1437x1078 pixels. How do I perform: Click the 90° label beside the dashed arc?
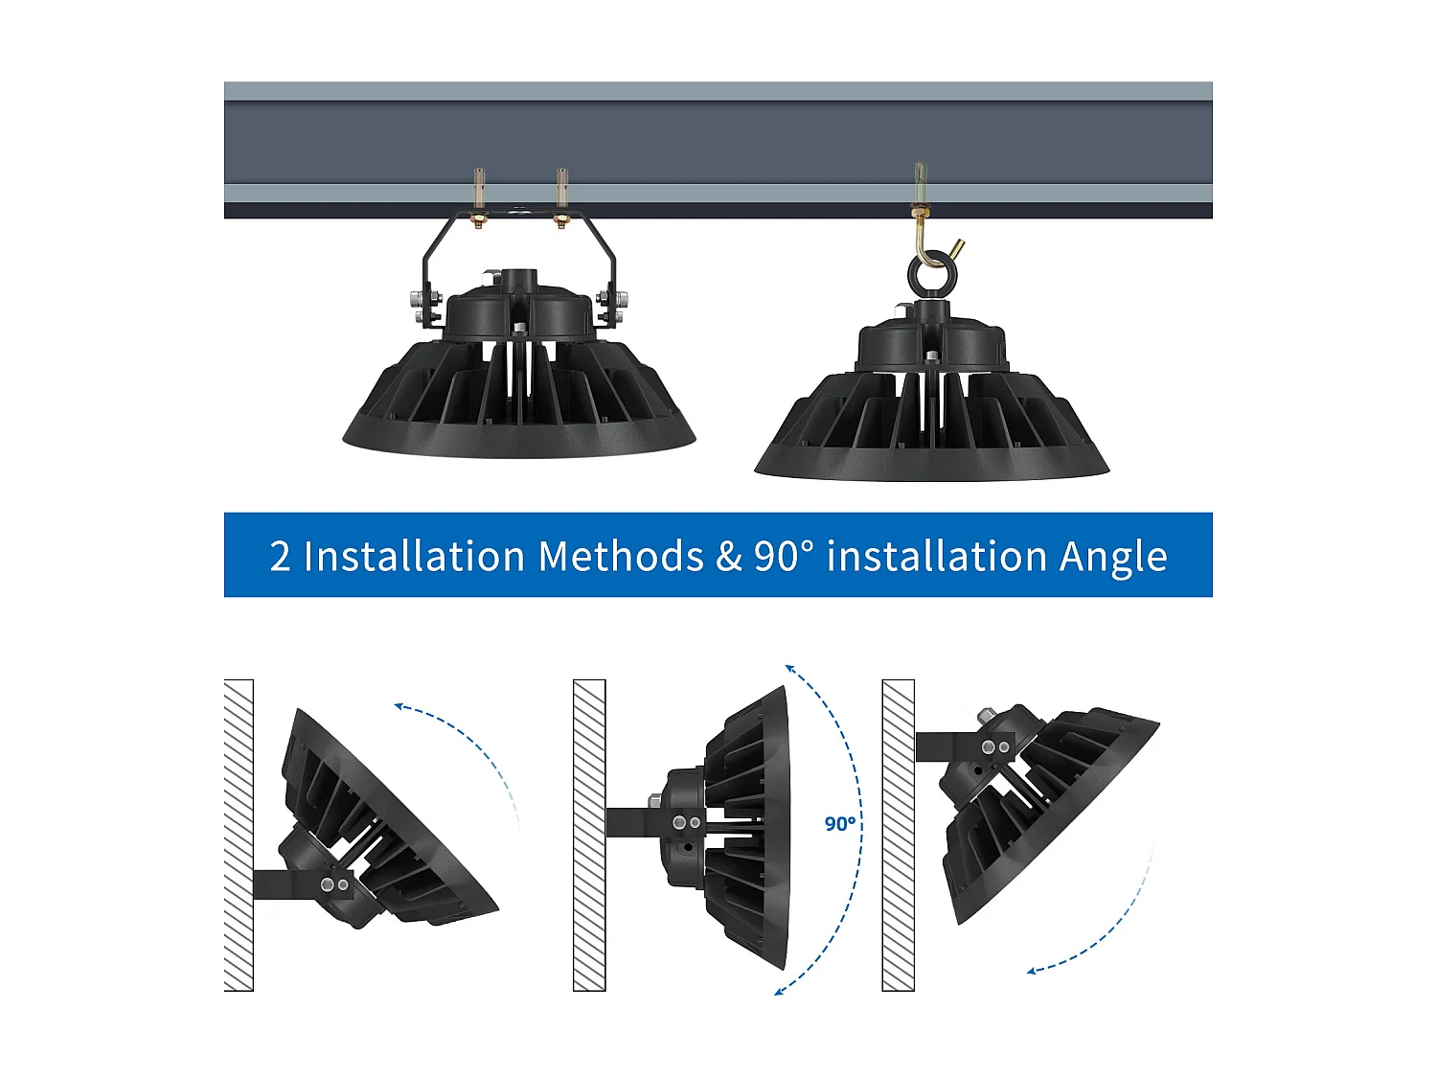[840, 823]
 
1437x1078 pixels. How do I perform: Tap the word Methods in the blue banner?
[621, 557]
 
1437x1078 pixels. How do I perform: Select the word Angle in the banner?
[1113, 557]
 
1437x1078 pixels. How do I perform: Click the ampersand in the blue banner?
[729, 557]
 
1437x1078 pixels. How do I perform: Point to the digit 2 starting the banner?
[280, 557]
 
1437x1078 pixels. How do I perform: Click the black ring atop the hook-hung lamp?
[927, 276]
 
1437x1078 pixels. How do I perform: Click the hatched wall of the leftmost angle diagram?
[239, 835]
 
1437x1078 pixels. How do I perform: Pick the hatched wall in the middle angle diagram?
[589, 835]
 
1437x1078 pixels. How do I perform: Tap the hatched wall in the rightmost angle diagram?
[898, 835]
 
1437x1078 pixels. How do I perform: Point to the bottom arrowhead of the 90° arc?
[780, 990]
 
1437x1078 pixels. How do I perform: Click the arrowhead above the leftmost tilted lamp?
[399, 708]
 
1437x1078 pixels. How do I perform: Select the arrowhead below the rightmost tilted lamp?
[1033, 971]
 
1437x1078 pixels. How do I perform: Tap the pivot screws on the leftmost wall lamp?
[334, 884]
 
